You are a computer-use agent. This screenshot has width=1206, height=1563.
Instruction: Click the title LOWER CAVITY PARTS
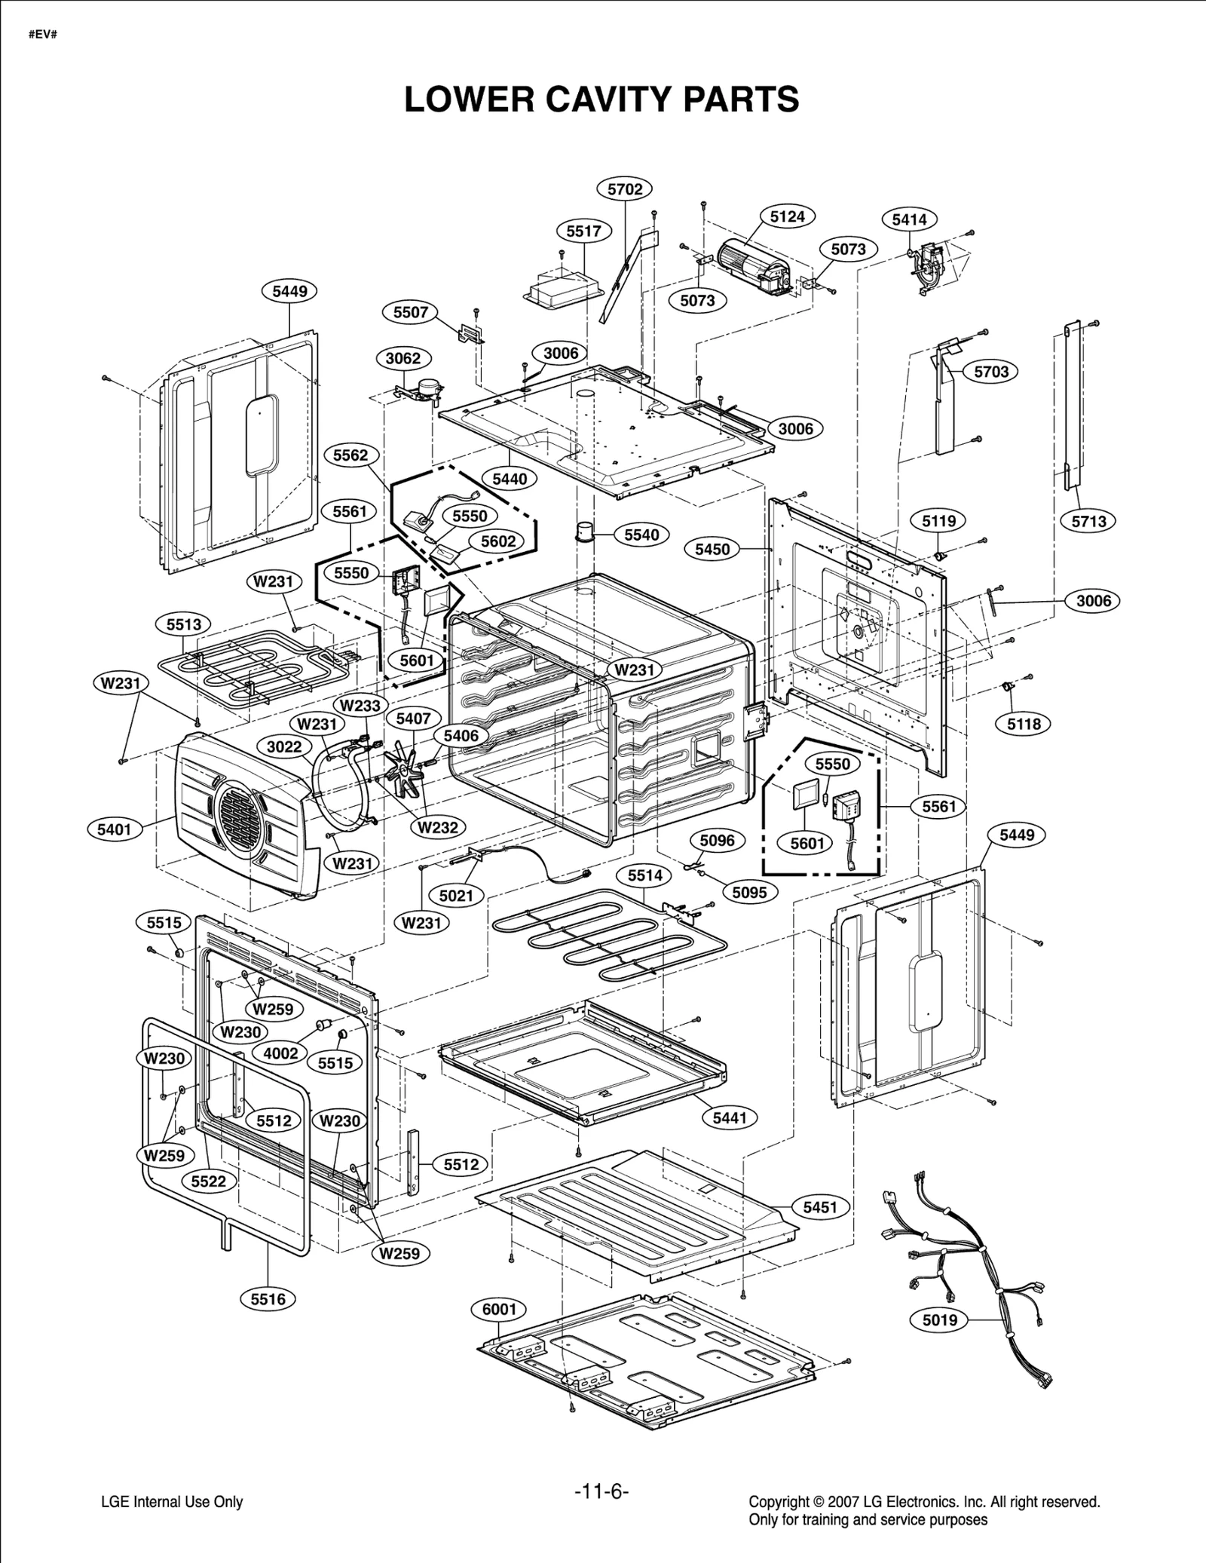point(601,100)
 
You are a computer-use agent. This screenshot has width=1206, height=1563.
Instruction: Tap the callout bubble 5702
point(624,188)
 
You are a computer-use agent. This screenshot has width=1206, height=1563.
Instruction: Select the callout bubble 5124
point(787,216)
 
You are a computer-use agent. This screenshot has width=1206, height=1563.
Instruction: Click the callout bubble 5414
point(909,219)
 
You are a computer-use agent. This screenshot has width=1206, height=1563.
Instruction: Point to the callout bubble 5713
point(1088,521)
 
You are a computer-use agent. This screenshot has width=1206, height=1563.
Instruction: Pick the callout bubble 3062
point(403,358)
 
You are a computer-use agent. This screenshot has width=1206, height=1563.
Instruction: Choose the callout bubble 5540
point(641,535)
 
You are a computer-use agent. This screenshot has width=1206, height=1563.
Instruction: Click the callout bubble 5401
point(114,829)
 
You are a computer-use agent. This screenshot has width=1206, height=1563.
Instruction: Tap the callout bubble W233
point(360,706)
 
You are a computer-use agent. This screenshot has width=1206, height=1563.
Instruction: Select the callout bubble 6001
point(499,1309)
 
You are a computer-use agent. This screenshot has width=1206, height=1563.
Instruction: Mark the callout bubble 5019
point(939,1319)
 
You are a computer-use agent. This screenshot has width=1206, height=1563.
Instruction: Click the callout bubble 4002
point(280,1053)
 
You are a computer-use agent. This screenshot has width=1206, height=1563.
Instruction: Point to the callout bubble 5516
point(268,1298)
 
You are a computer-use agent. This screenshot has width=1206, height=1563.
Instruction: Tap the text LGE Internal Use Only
point(172,1502)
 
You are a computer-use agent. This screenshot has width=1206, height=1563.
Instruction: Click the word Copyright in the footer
point(777,1502)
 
